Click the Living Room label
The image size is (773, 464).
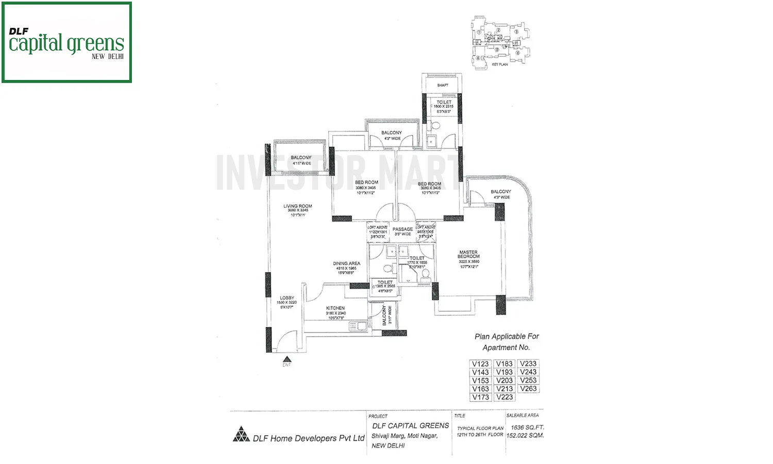point(297,206)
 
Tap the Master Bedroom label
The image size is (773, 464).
point(468,254)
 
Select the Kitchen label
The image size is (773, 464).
point(335,308)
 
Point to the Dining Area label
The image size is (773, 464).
point(346,263)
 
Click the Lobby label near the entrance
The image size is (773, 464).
point(287,298)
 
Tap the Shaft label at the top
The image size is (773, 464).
point(443,85)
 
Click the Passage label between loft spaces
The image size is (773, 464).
point(402,229)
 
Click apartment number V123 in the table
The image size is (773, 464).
point(480,364)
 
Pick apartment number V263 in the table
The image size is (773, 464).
point(528,389)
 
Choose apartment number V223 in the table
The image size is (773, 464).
point(504,397)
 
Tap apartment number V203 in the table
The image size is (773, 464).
point(504,380)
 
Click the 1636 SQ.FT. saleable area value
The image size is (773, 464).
point(527,427)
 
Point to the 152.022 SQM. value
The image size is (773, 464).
point(525,436)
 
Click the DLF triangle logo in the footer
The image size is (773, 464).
point(241,435)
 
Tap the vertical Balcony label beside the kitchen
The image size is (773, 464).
point(384,316)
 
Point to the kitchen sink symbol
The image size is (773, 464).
point(356,326)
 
